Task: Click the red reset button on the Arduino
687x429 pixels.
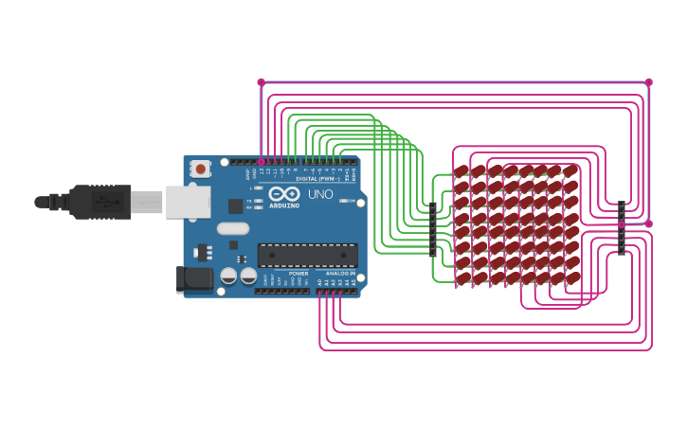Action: click(200, 169)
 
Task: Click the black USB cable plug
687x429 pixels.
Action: click(99, 202)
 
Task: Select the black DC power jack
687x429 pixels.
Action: click(194, 278)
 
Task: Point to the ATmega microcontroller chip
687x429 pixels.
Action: click(308, 255)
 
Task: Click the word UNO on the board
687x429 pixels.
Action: click(320, 194)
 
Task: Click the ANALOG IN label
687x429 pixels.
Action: click(339, 273)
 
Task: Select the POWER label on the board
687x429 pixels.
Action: click(298, 273)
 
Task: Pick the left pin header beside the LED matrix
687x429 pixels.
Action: click(433, 229)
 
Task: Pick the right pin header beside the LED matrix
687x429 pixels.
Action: click(622, 228)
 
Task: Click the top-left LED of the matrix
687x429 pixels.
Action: click(462, 171)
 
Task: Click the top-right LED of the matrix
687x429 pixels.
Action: click(571, 171)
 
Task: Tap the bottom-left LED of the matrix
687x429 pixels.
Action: click(462, 278)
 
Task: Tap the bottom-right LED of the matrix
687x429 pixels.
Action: click(571, 278)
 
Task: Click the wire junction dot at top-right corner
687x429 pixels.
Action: click(649, 82)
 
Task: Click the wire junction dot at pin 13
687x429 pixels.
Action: click(262, 162)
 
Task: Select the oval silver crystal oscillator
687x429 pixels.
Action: click(232, 228)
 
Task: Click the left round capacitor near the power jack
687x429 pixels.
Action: click(228, 276)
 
